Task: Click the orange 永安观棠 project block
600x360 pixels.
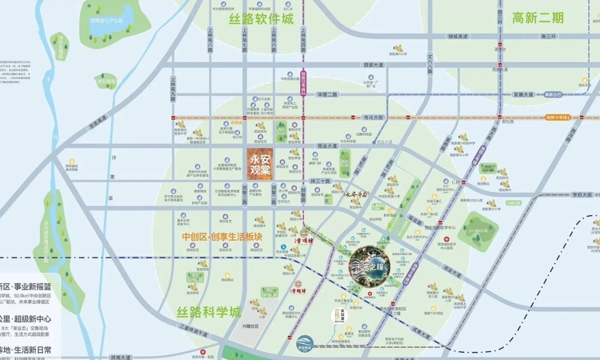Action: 260,162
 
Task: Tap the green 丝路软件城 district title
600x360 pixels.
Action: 260,18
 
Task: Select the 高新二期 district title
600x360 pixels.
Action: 538,17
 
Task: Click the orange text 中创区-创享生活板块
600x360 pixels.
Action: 233,237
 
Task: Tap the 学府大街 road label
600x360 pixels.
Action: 580,194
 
